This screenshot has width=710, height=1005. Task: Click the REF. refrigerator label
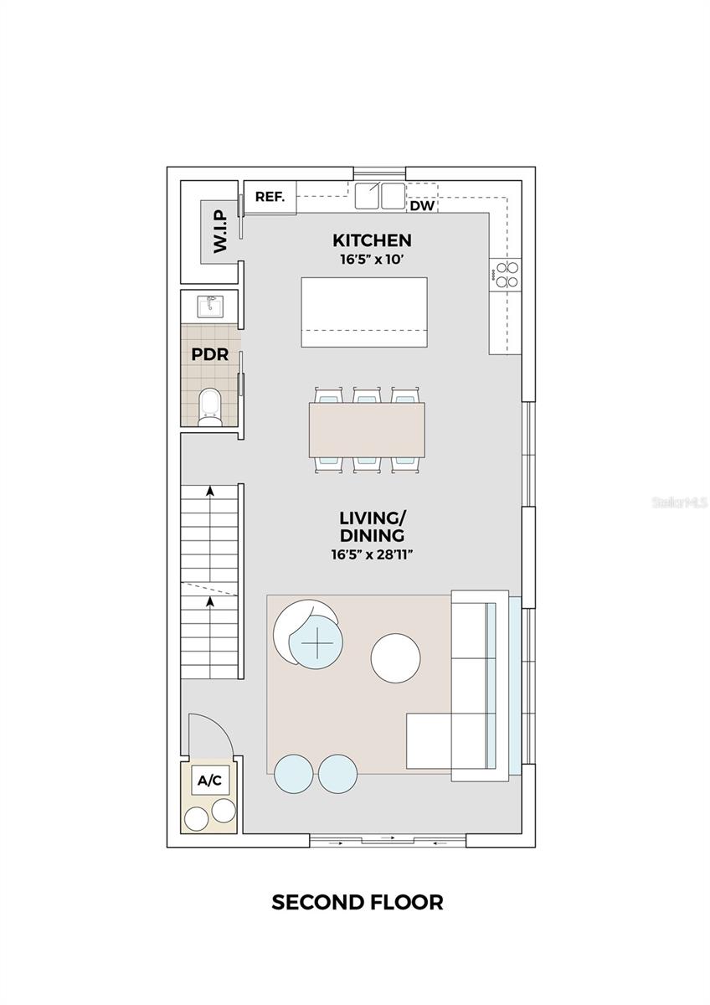click(270, 198)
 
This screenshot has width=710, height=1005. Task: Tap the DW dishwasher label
click(423, 205)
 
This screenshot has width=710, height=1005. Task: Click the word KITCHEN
click(371, 241)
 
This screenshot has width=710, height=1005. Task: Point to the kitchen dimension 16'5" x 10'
click(371, 260)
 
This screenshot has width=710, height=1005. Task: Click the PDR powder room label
click(209, 354)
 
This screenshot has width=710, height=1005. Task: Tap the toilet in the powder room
click(209, 405)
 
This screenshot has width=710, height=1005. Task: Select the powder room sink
click(209, 306)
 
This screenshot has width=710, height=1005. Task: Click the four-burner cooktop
click(505, 275)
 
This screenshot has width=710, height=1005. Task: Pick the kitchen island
click(364, 312)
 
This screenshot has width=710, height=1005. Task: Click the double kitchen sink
click(379, 196)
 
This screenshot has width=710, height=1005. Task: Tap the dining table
click(367, 430)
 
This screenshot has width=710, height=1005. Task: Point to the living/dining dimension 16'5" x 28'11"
click(371, 554)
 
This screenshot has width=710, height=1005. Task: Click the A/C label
click(209, 781)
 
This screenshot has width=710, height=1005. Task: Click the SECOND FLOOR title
click(358, 902)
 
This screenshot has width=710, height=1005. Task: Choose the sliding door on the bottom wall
click(388, 840)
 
